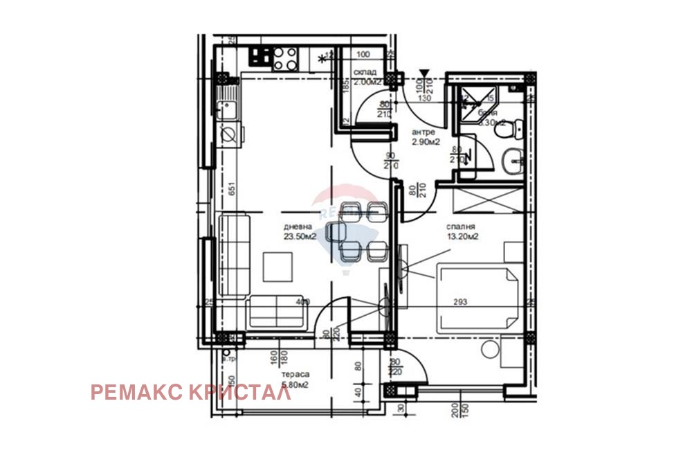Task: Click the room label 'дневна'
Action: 298,226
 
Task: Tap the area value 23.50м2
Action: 299,236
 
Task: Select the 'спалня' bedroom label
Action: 462,226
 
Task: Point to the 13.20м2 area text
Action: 463,236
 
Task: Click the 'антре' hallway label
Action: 423,132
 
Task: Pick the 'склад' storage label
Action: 365,72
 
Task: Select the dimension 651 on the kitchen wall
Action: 233,188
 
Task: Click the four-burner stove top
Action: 284,58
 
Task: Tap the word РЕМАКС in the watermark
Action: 136,393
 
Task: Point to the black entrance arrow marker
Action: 424,72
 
